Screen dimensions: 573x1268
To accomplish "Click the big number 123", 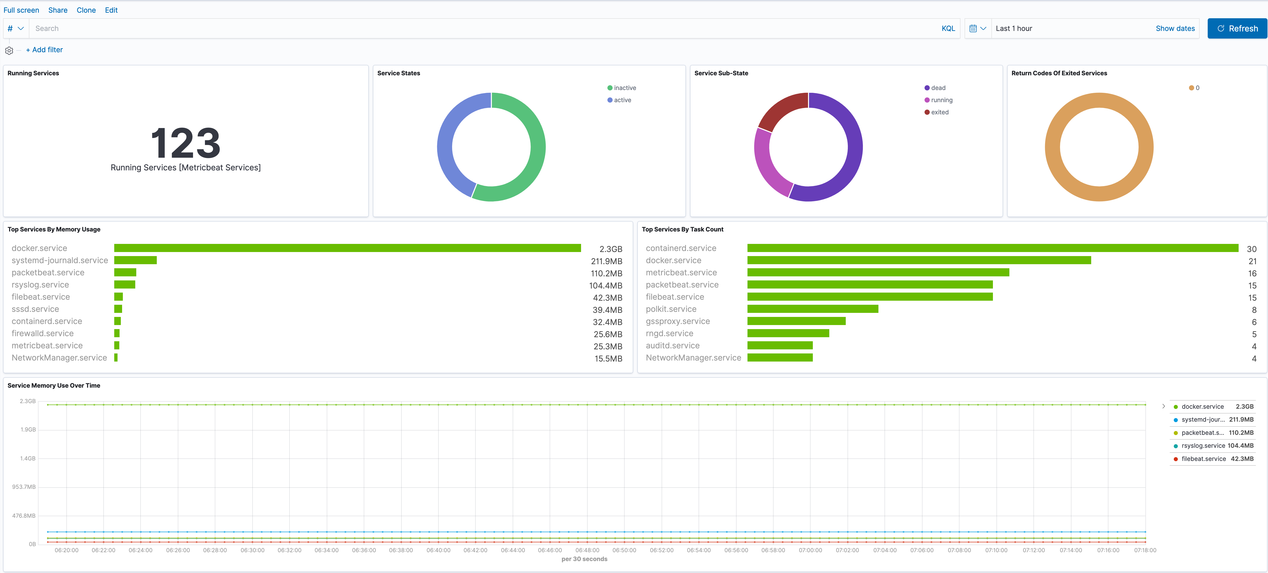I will point(186,143).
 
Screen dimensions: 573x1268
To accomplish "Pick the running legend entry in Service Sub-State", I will point(941,100).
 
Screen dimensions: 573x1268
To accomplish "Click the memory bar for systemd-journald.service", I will point(135,260).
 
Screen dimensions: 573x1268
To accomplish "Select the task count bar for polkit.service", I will point(812,309).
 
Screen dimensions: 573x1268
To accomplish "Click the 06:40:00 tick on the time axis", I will point(438,550).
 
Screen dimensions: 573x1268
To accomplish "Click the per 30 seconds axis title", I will point(584,559).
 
